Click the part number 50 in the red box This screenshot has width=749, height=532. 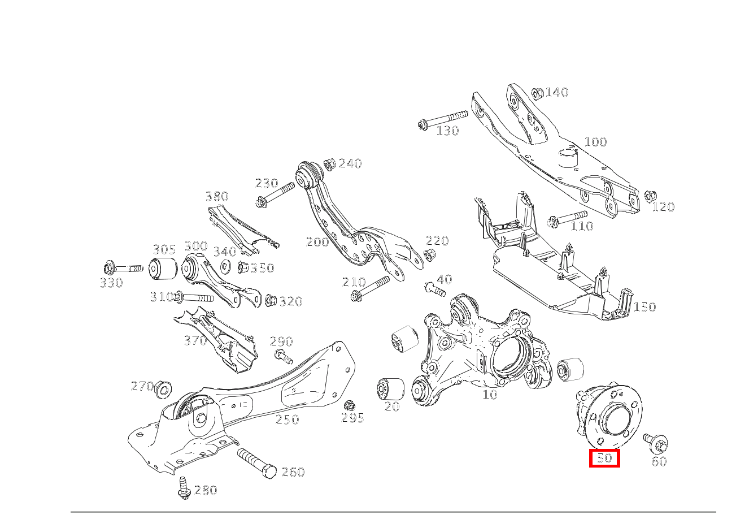[x=604, y=458]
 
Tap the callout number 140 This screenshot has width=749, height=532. [x=557, y=92]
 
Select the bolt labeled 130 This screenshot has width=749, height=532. [x=443, y=119]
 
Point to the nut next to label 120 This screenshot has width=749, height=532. [x=650, y=196]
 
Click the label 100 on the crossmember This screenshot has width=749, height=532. [x=595, y=142]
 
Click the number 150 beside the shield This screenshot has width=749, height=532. [x=645, y=307]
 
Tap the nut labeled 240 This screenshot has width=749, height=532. [x=330, y=165]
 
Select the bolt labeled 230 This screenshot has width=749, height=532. [x=275, y=195]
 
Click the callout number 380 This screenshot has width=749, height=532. [x=217, y=196]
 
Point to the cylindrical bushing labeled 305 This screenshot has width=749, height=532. [x=163, y=268]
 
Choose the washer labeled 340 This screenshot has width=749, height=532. [x=226, y=266]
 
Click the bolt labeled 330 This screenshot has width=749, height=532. [x=123, y=268]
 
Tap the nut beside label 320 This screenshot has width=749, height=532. [x=270, y=300]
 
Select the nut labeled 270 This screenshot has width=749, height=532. [x=163, y=389]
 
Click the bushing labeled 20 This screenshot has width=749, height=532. [x=390, y=389]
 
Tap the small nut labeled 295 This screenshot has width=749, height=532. [x=350, y=406]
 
